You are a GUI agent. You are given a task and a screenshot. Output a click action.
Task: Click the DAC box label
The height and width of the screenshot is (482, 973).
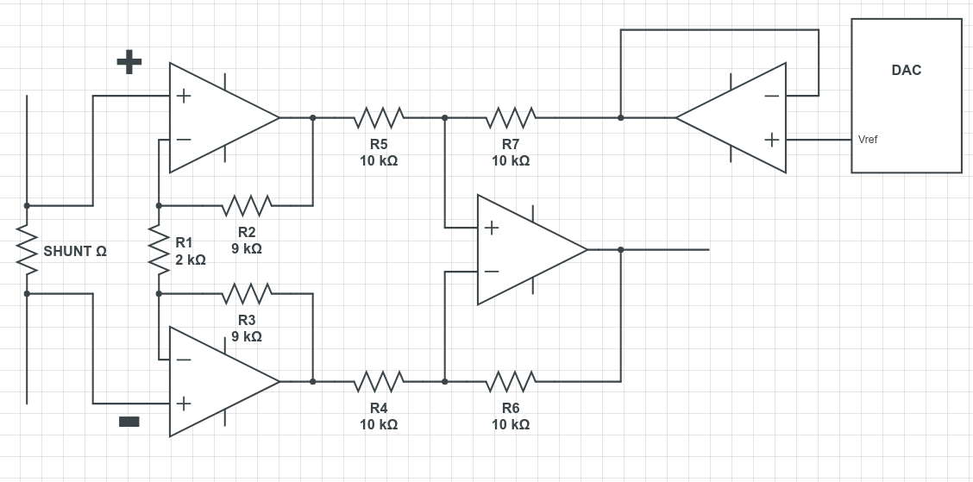pyautogui.click(x=906, y=70)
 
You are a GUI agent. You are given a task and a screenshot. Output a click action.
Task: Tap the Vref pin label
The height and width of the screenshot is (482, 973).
pyautogui.click(x=868, y=140)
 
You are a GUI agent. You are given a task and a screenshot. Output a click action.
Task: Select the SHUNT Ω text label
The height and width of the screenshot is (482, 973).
pyautogui.click(x=75, y=252)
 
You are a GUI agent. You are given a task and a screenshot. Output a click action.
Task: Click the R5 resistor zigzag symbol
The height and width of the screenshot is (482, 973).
pyautogui.click(x=379, y=117)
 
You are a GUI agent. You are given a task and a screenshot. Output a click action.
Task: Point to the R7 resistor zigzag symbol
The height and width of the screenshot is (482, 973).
pyautogui.click(x=511, y=117)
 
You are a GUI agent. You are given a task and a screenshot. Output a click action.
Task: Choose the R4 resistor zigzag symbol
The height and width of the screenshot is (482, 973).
pyautogui.click(x=379, y=381)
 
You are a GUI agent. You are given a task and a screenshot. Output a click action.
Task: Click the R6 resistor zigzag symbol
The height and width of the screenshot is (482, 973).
pyautogui.click(x=511, y=381)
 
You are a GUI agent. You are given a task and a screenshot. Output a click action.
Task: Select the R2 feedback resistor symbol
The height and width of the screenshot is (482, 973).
pyautogui.click(x=247, y=206)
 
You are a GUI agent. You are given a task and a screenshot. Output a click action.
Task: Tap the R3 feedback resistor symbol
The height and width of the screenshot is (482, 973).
pyautogui.click(x=247, y=294)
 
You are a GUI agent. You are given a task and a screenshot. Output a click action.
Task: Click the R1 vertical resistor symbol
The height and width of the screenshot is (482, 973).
pyautogui.click(x=159, y=250)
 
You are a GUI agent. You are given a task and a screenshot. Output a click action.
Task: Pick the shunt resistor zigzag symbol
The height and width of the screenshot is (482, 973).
pyautogui.click(x=27, y=250)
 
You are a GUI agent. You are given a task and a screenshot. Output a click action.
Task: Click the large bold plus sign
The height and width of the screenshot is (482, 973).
pyautogui.click(x=129, y=61)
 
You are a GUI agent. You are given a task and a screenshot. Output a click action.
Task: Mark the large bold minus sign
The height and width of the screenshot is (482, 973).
pyautogui.click(x=129, y=421)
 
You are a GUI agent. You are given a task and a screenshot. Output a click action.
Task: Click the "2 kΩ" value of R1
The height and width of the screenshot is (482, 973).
pyautogui.click(x=190, y=260)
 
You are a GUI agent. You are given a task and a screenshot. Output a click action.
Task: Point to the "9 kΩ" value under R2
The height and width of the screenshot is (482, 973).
pyautogui.click(x=247, y=248)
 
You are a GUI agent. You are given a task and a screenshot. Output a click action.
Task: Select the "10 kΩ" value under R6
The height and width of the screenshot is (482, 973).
pyautogui.click(x=511, y=424)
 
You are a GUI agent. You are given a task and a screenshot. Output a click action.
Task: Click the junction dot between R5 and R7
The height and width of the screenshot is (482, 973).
pyautogui.click(x=444, y=117)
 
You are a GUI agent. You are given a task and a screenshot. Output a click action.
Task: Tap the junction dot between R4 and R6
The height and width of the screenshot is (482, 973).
pyautogui.click(x=444, y=381)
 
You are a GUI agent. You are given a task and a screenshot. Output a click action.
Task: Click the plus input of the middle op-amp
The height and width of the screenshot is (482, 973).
pyautogui.click(x=491, y=228)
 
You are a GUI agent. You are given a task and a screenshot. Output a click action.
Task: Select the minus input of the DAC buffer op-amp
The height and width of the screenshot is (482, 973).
pyautogui.click(x=771, y=96)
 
